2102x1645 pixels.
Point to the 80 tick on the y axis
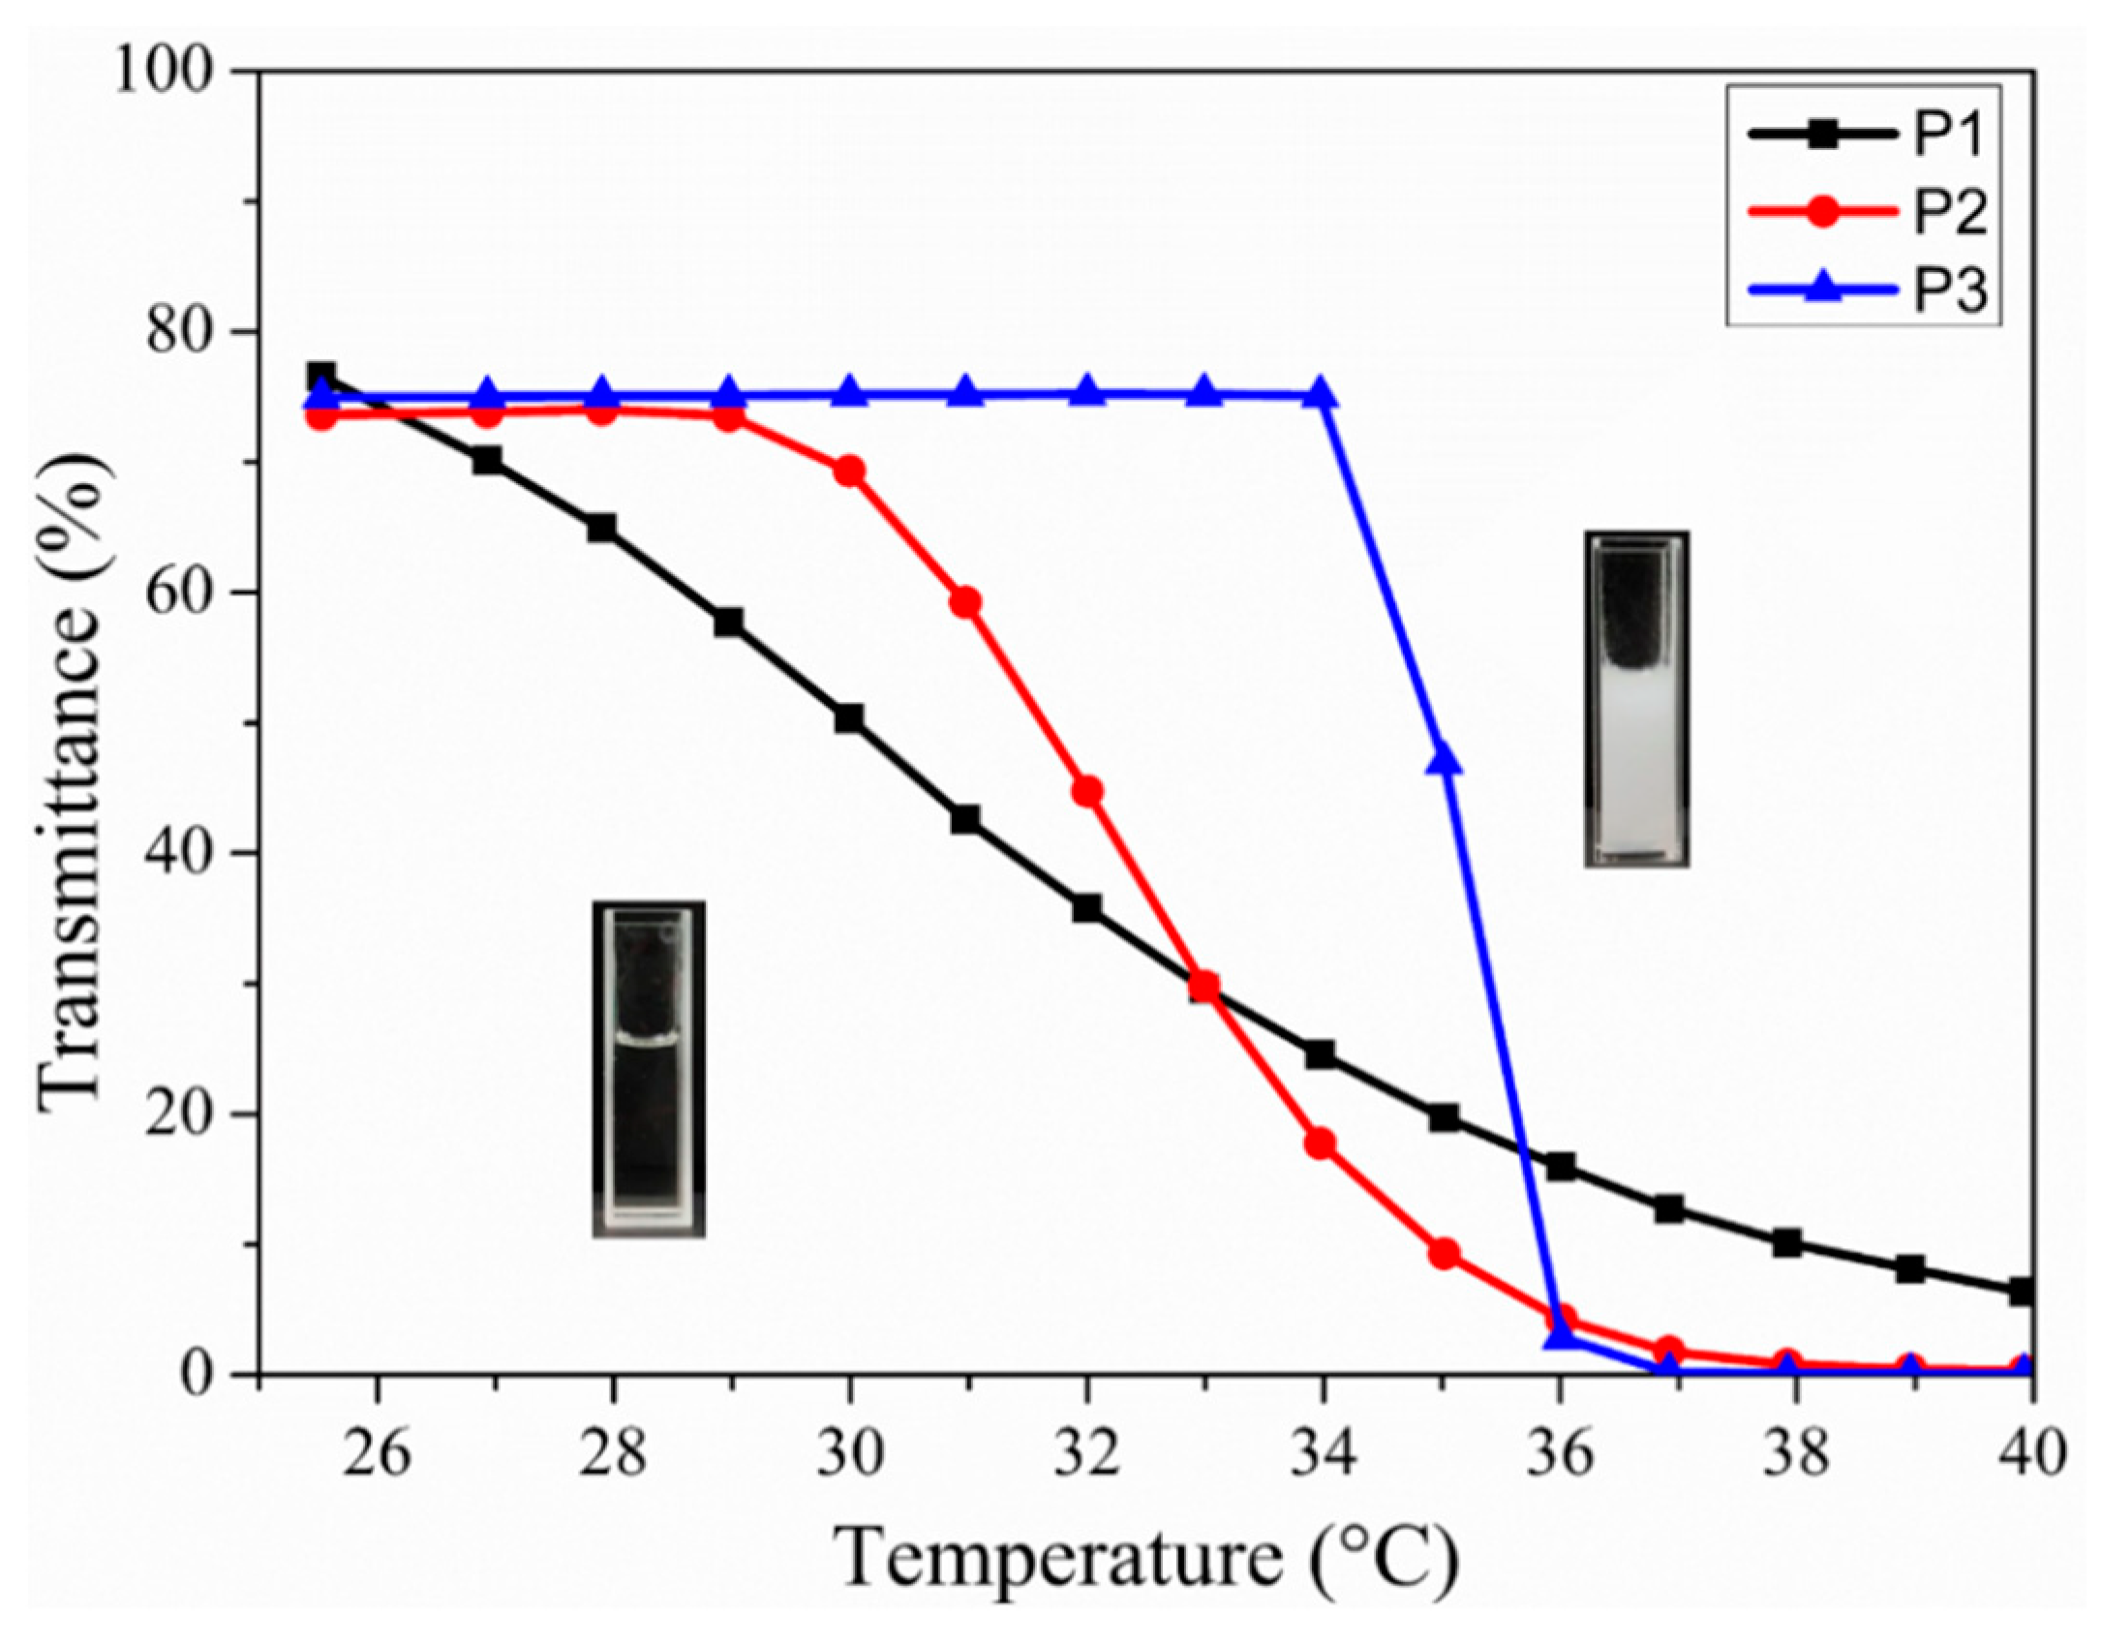coord(180,332)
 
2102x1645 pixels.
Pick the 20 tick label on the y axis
coord(180,1114)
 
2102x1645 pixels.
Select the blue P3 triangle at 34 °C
coord(1323,394)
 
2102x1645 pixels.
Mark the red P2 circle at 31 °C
coord(966,603)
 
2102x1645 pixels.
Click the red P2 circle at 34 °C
coord(1321,1143)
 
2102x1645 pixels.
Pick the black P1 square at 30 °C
coord(849,718)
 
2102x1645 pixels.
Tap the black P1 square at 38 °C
coord(1787,1242)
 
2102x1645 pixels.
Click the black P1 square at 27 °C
coord(488,460)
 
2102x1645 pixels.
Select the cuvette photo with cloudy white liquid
coord(1636,698)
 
